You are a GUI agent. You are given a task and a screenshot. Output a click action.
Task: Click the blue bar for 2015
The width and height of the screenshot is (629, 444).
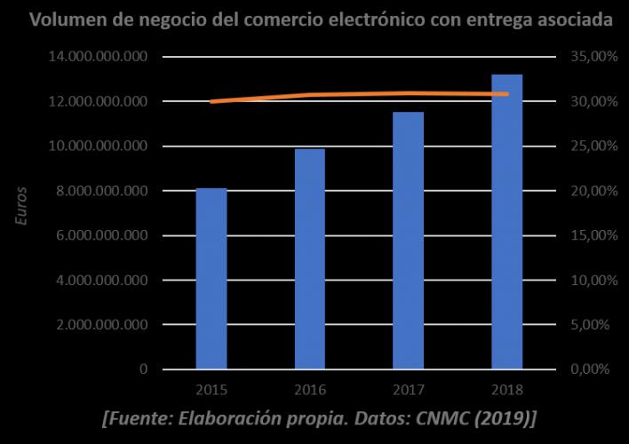pyautogui.click(x=211, y=278)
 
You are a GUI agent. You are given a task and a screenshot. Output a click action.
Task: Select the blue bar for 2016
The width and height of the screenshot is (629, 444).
pyautogui.click(x=310, y=258)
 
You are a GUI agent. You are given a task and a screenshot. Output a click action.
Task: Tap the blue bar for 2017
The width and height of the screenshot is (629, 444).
pyautogui.click(x=409, y=240)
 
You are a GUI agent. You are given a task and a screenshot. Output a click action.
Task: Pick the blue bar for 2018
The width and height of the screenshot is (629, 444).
pyautogui.click(x=507, y=221)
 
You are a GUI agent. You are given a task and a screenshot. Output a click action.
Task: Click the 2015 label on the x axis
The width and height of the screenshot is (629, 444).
pyautogui.click(x=211, y=391)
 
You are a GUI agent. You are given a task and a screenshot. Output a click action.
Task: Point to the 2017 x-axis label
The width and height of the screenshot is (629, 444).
pyautogui.click(x=409, y=391)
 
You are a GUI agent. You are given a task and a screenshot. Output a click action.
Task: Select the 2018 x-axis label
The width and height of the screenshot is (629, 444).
pyautogui.click(x=507, y=391)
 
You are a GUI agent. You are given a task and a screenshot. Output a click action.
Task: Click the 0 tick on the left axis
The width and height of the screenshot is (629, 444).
pyautogui.click(x=143, y=369)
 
